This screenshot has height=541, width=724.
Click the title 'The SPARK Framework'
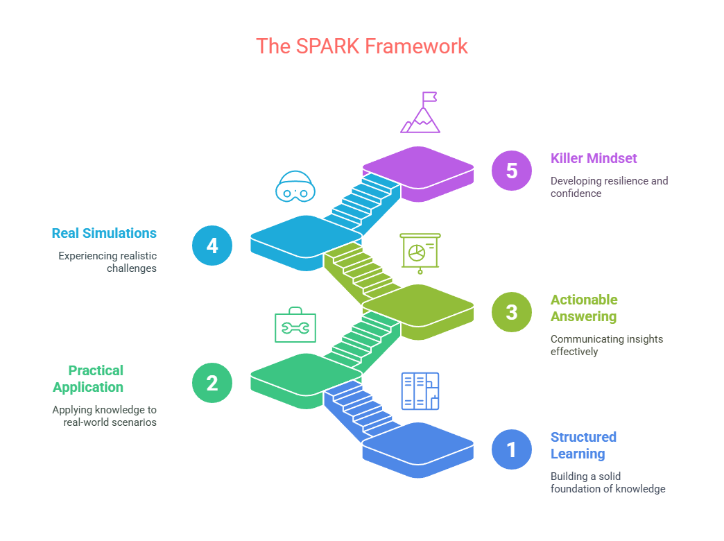click(361, 46)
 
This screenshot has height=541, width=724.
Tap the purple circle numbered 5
click(512, 171)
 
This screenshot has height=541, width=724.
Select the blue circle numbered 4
click(212, 246)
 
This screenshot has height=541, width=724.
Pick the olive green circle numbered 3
click(512, 312)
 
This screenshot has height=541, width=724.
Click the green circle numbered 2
click(212, 383)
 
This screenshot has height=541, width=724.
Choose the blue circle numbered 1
click(512, 449)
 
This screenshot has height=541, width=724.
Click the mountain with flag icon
click(420, 113)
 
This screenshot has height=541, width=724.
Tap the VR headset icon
click(295, 186)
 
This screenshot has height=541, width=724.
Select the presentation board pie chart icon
click(420, 253)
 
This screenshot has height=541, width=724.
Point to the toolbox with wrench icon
click(295, 325)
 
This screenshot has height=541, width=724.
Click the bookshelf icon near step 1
click(420, 391)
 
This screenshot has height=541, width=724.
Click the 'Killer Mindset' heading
click(594, 158)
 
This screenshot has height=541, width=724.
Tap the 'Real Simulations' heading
click(104, 233)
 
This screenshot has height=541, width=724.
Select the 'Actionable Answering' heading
click(584, 308)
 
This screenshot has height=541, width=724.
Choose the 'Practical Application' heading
click(88, 379)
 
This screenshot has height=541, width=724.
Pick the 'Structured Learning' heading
click(584, 445)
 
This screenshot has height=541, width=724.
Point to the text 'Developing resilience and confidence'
click(610, 187)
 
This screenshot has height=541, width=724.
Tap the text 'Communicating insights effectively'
click(607, 345)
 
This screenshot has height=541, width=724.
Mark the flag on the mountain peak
click(429, 97)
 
